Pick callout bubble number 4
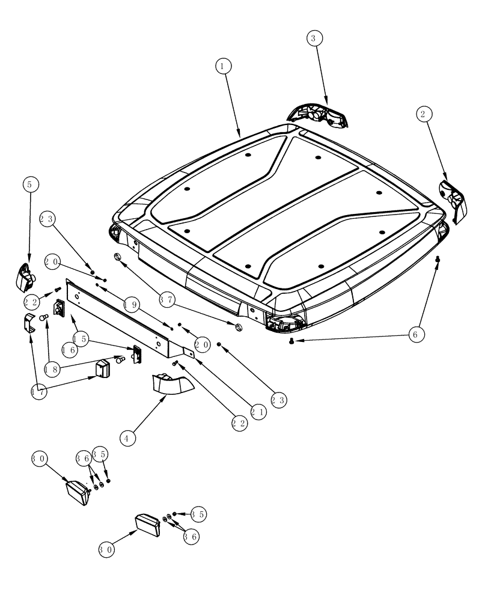point(127,438)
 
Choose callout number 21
point(258,411)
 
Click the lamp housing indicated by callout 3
point(318,114)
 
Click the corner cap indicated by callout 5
point(25,276)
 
